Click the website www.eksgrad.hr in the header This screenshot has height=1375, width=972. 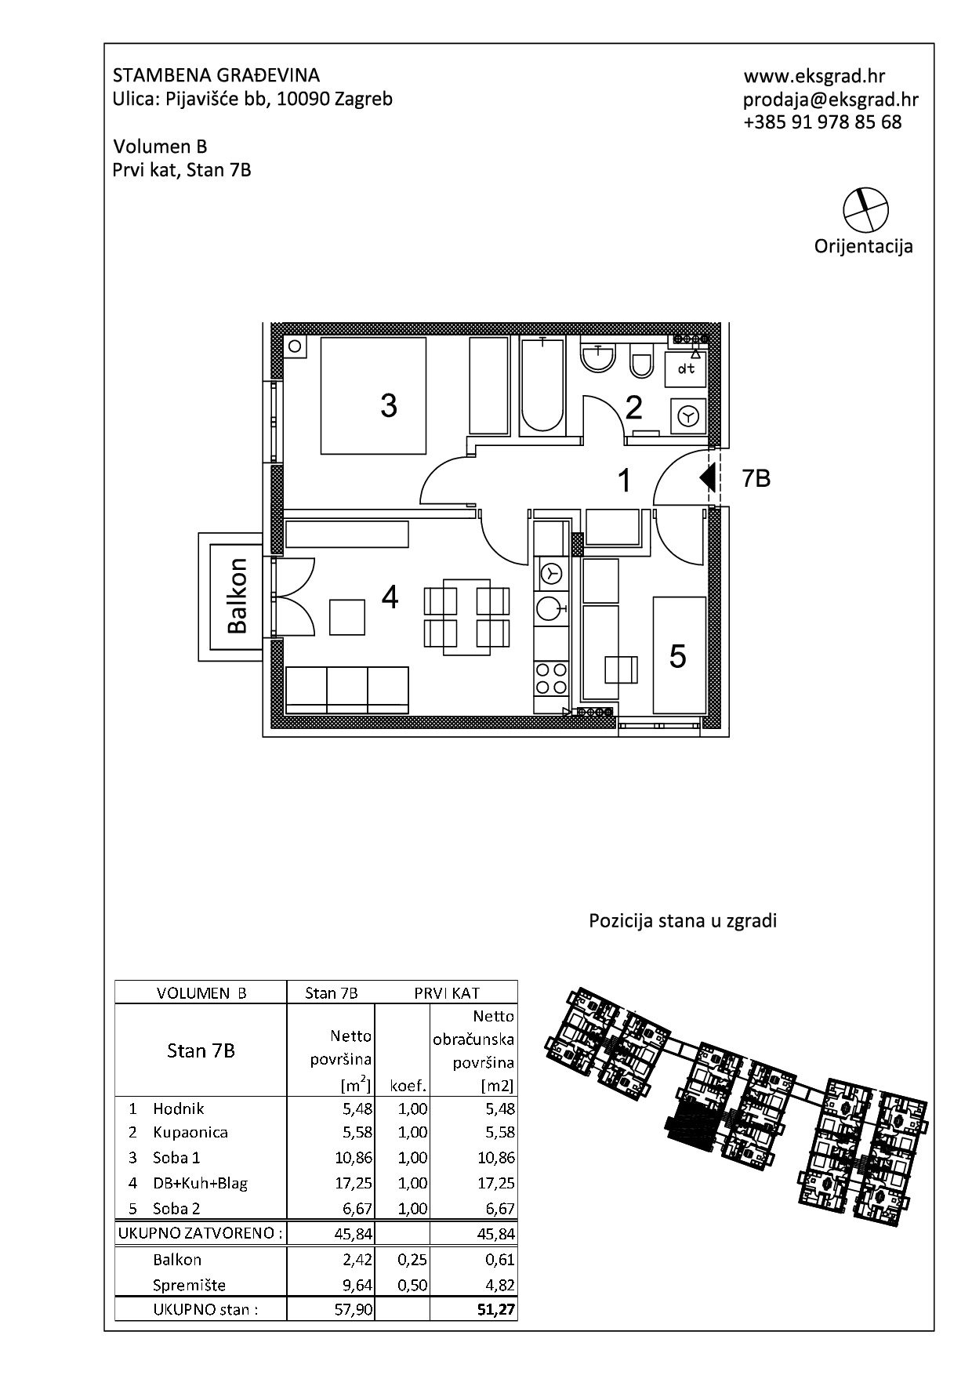(x=814, y=76)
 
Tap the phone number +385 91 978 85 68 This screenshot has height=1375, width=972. (x=822, y=122)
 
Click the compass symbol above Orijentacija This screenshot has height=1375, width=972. (x=865, y=209)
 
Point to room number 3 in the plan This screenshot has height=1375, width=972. (x=388, y=405)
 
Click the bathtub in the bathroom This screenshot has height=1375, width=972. (x=542, y=384)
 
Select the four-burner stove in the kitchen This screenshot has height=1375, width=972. (x=551, y=678)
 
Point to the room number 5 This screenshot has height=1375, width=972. (x=678, y=655)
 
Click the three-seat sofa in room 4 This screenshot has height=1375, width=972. (x=347, y=690)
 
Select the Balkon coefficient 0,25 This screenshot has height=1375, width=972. (x=412, y=1259)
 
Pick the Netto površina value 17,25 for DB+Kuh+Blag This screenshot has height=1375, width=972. (x=354, y=1183)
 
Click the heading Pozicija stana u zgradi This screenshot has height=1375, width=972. (x=683, y=921)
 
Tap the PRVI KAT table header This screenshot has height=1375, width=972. (x=447, y=992)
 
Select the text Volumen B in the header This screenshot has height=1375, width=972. (x=160, y=147)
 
